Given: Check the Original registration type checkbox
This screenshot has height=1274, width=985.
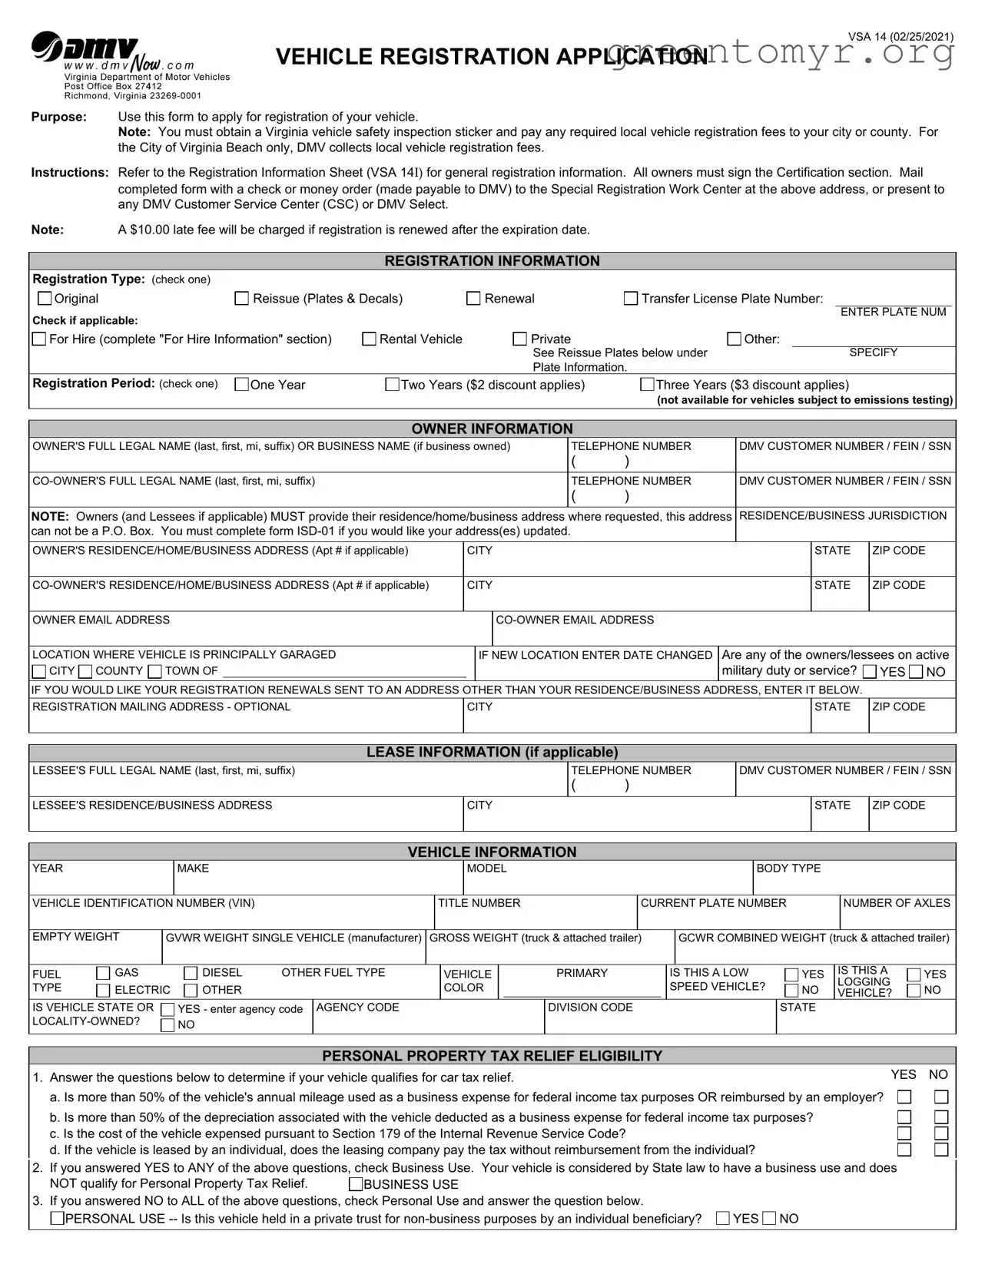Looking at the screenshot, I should click(x=45, y=298).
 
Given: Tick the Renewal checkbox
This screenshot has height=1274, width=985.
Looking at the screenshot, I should click(x=474, y=298).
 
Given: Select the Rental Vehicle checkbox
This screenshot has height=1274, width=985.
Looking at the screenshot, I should click(x=370, y=339).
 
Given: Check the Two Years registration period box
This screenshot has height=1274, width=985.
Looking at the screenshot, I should click(x=392, y=384).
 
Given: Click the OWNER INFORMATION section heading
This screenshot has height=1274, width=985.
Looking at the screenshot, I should click(x=492, y=429).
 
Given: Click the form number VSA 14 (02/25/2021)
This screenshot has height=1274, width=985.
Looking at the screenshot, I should click(x=900, y=37).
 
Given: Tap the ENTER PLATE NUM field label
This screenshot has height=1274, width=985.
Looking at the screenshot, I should click(x=893, y=312).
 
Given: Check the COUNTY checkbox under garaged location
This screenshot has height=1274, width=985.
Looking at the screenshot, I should click(x=85, y=672).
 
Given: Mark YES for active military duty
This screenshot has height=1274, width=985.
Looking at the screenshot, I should click(x=870, y=672).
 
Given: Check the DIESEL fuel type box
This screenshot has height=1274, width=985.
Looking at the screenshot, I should click(x=191, y=974).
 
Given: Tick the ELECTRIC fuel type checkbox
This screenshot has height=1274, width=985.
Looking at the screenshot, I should click(x=103, y=991).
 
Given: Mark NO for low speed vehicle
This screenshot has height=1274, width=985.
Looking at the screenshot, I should click(x=791, y=991).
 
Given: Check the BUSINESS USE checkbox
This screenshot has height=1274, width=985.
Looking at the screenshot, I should click(x=356, y=1184).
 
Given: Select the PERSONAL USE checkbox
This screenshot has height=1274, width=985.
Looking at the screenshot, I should click(x=57, y=1219).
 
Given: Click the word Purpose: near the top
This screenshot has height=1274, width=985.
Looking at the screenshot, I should click(x=58, y=117).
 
